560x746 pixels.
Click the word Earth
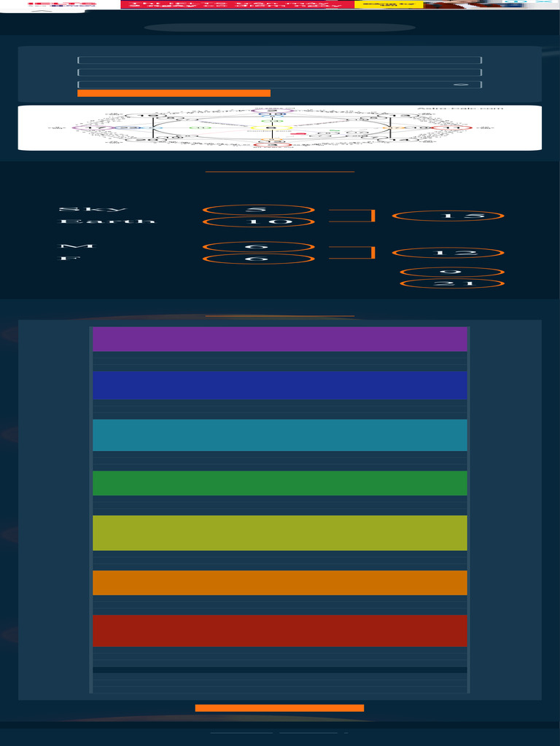pyautogui.click(x=106, y=221)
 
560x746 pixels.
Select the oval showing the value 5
pyautogui.click(x=258, y=210)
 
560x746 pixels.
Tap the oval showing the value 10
pyautogui.click(x=258, y=221)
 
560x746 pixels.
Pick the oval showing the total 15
pyautogui.click(x=448, y=216)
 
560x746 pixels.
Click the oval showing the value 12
pyautogui.click(x=448, y=253)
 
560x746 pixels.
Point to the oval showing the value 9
pyautogui.click(x=451, y=272)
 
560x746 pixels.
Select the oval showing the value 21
pyautogui.click(x=451, y=283)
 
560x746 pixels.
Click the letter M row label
pyautogui.click(x=68, y=247)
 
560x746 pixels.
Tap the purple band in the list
pyautogui.click(x=280, y=339)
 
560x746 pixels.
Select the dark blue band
pyautogui.click(x=280, y=385)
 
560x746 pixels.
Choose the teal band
pyautogui.click(x=280, y=435)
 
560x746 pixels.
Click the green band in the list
pyautogui.click(x=280, y=483)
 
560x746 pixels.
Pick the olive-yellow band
pyautogui.click(x=280, y=533)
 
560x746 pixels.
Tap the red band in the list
pyautogui.click(x=280, y=631)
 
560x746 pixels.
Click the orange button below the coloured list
pyautogui.click(x=279, y=708)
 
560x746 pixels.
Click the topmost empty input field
pyautogui.click(x=279, y=60)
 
